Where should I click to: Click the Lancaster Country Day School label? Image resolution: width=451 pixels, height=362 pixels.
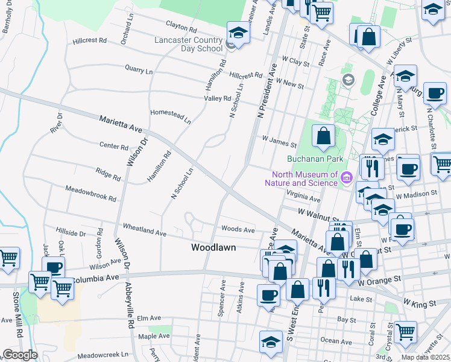pos(189,44)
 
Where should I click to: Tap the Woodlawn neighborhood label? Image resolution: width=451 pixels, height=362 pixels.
pos(213,247)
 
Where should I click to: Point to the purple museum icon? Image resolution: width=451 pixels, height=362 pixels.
pos(347,178)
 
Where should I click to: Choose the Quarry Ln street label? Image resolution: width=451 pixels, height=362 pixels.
pos(139,70)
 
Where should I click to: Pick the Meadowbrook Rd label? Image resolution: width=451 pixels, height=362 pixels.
pos(92,193)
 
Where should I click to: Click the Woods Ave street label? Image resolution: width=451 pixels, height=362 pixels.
pos(238,229)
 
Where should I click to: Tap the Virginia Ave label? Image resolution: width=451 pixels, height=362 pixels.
pos(304,197)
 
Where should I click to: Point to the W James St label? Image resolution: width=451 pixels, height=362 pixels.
pos(279,141)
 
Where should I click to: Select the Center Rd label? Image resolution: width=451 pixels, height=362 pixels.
pos(114,147)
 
